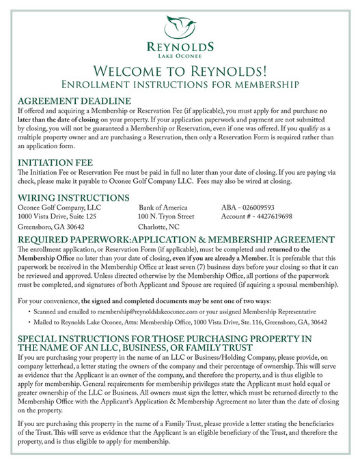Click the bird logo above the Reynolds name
[179, 27]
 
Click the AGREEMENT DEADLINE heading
[74, 100]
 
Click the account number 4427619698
[256, 216]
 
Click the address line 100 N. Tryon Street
[166, 216]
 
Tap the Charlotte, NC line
[158, 227]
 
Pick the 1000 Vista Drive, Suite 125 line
[57, 216]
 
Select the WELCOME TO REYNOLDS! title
[179, 72]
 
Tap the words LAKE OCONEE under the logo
[180, 55]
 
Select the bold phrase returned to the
[301, 251]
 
